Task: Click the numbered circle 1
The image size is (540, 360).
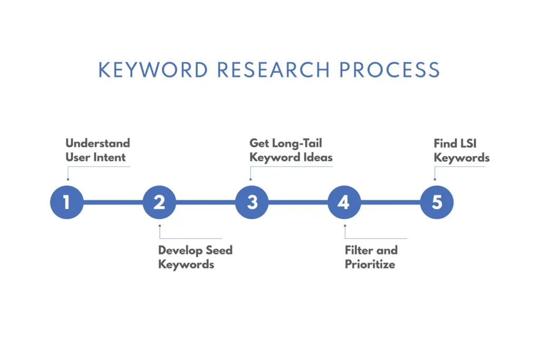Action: [67, 202]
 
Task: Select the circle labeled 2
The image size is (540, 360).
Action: [159, 202]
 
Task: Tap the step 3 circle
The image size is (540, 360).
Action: [252, 202]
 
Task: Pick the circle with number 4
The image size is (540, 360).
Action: [344, 202]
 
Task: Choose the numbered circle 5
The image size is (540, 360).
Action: [437, 202]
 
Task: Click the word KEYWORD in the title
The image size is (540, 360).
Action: [153, 70]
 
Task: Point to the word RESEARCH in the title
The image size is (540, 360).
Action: [274, 70]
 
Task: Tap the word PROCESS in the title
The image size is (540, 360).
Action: [390, 70]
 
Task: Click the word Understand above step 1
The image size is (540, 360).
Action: [98, 143]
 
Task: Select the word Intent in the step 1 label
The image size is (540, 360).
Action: [110, 157]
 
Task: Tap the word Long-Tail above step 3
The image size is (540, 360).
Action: [297, 144]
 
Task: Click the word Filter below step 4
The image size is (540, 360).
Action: [359, 250]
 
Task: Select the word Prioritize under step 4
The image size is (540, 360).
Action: [370, 264]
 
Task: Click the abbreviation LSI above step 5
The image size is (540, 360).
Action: [468, 143]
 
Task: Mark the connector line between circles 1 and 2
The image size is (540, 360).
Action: [113, 202]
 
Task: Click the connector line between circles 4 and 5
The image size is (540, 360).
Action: [391, 202]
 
